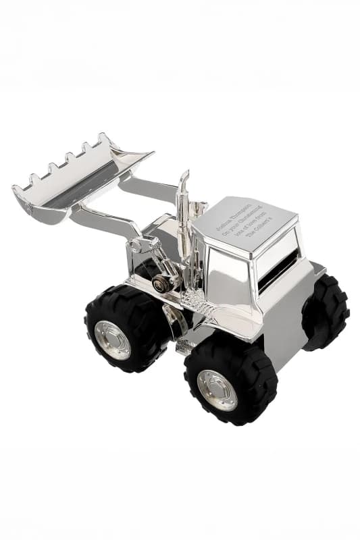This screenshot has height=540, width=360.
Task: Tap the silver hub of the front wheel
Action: pos(112,340)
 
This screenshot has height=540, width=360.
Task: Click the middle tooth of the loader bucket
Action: pos(68,159)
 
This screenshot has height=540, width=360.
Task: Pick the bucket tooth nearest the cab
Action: pos(103,138)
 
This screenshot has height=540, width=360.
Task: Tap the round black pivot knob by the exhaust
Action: pos(161,283)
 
